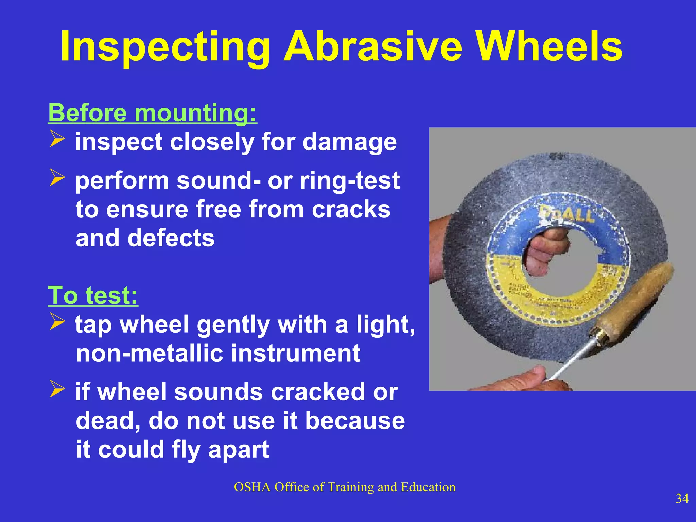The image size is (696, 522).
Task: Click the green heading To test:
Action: click(93, 295)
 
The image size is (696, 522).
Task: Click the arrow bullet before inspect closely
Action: click(57, 139)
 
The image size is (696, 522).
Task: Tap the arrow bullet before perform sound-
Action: click(57, 177)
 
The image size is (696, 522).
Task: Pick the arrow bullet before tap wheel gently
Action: click(57, 321)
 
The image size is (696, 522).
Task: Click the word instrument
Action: click(295, 353)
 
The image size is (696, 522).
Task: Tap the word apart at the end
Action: click(238, 450)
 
